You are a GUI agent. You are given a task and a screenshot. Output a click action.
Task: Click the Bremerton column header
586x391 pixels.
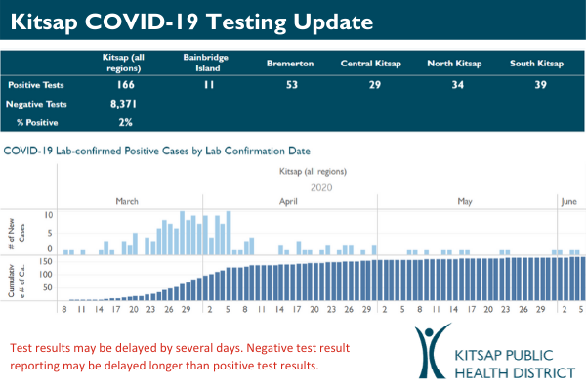coord(289,64)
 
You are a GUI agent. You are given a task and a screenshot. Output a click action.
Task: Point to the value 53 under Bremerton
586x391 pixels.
coord(289,86)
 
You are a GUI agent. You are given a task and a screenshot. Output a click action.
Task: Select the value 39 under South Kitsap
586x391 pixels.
coord(537,86)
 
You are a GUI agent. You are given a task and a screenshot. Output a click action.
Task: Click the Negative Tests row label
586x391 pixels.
coord(35,104)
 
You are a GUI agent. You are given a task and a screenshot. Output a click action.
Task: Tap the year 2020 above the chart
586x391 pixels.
coord(321,186)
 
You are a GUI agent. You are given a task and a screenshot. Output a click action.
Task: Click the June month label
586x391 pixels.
coord(570,201)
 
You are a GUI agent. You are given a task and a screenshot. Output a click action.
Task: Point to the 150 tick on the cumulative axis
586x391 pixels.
coord(46,261)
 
